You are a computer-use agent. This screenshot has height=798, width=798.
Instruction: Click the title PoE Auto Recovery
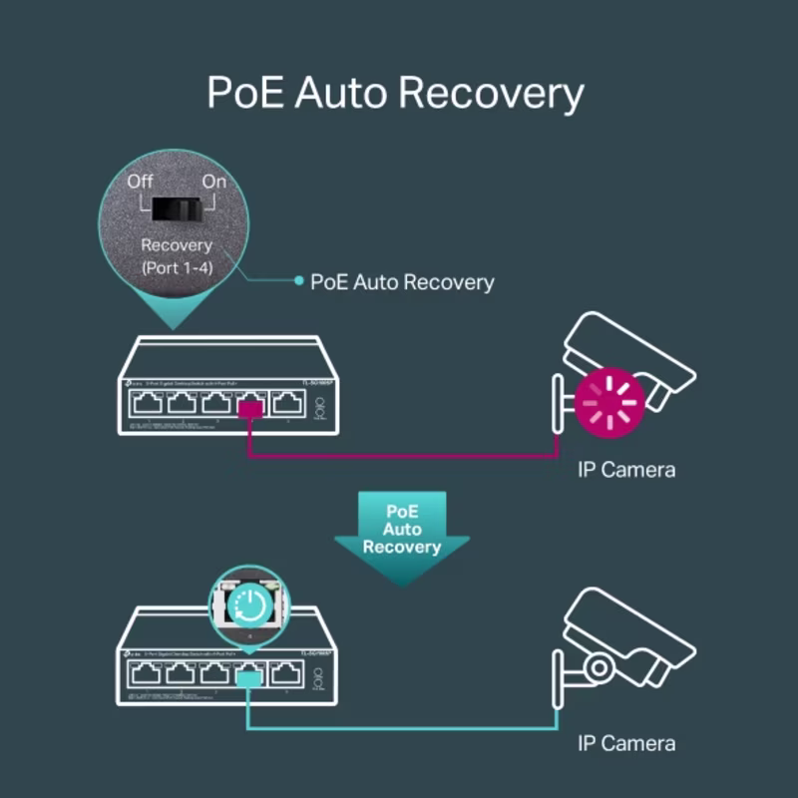pos(395,93)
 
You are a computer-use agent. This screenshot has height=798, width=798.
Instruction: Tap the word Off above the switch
pos(141,182)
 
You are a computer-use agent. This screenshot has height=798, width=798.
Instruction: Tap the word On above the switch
pos(214,182)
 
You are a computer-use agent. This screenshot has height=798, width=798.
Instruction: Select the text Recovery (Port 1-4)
pos(177,255)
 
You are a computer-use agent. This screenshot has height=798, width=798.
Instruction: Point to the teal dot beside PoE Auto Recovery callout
pos(298,281)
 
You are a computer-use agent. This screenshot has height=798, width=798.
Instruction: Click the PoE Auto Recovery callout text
pos(402,282)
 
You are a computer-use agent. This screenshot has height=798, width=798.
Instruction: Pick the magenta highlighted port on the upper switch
pos(250,405)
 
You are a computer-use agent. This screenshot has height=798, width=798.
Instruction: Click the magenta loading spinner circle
pos(609,403)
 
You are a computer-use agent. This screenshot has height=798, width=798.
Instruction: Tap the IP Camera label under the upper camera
pos(626,469)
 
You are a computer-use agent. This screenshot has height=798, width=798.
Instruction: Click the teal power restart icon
pos(247,604)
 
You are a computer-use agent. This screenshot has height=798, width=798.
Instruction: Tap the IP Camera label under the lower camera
pos(626,743)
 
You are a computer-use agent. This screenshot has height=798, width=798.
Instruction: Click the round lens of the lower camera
pos(599,666)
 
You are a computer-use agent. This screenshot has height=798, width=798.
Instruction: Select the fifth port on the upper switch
pos(287,403)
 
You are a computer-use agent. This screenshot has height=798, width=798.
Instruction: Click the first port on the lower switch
pos(146,674)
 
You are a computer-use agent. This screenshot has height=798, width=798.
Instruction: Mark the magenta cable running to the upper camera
pos(399,457)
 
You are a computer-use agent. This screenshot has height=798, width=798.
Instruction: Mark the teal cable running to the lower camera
pos(399,729)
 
